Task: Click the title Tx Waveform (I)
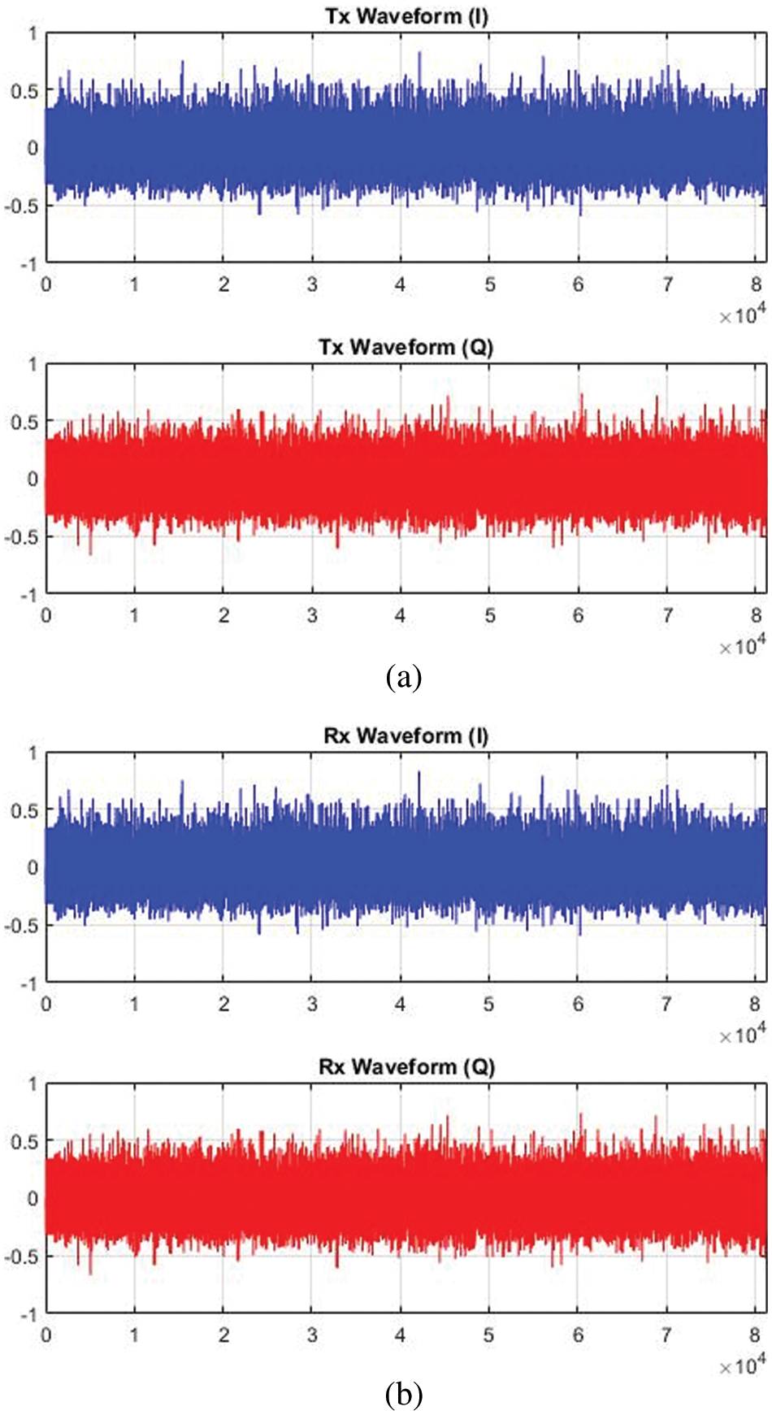click(x=406, y=16)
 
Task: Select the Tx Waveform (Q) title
click(x=406, y=347)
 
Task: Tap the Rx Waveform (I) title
click(x=406, y=736)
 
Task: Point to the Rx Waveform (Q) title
click(x=406, y=1066)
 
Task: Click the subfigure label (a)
click(x=404, y=676)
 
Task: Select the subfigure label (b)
click(x=404, y=1395)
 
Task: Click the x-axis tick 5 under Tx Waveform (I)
click(x=490, y=284)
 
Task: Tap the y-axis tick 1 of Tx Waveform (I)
click(x=33, y=33)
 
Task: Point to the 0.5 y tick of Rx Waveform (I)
click(x=24, y=810)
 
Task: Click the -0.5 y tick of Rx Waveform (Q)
click(x=21, y=1257)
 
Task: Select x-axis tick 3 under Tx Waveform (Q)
click(x=312, y=615)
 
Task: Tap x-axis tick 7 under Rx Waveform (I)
click(x=666, y=1004)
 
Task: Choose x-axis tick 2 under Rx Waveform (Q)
click(x=223, y=1335)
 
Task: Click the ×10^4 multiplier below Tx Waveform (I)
click(x=742, y=314)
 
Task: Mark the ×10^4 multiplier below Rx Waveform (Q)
click(x=742, y=1365)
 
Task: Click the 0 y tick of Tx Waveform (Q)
click(x=33, y=479)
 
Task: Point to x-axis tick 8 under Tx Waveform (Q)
click(x=756, y=615)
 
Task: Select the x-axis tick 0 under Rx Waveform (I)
click(x=46, y=1004)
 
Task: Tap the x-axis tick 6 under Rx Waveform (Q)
click(x=578, y=1335)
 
